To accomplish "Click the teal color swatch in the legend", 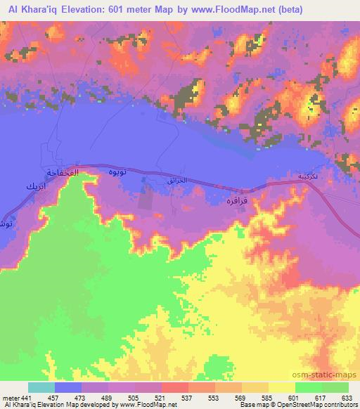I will point(41,387).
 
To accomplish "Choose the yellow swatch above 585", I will point(282,387).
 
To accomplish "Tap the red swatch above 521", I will point(175,387).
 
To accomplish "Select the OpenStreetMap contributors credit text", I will point(317,405).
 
